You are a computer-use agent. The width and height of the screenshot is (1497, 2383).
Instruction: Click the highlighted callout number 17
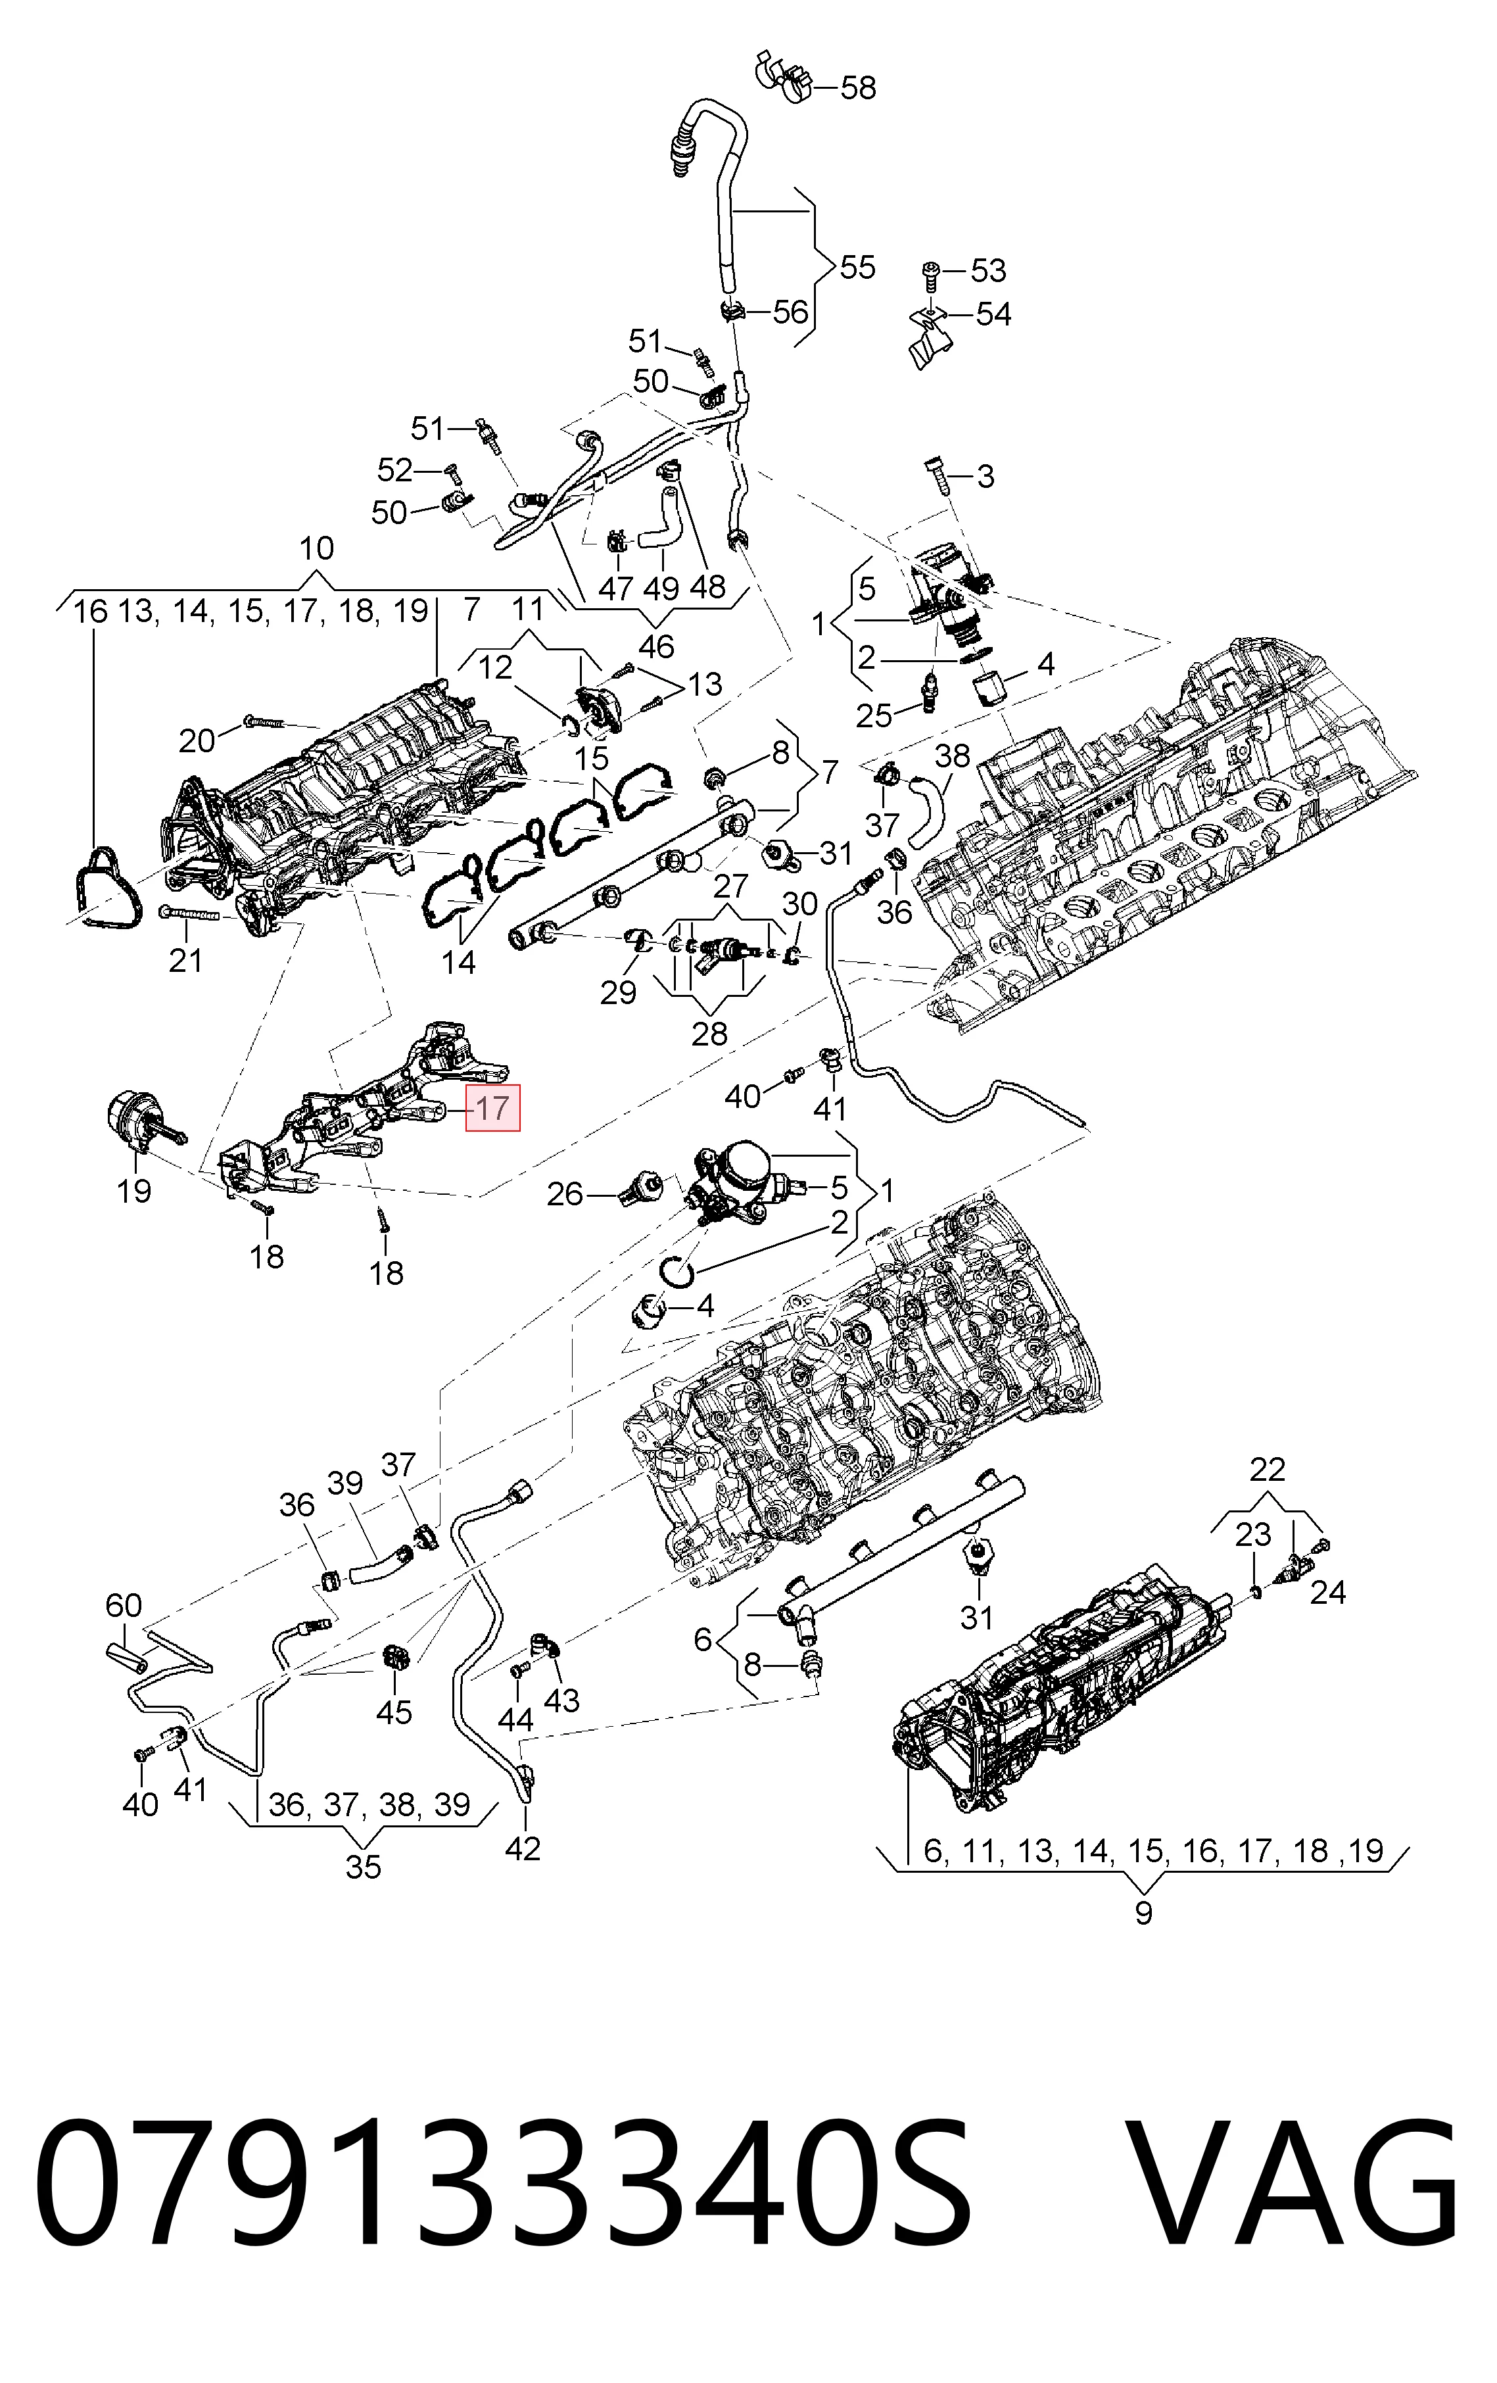(x=492, y=1109)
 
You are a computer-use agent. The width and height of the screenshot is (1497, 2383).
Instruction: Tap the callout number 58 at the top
(x=858, y=88)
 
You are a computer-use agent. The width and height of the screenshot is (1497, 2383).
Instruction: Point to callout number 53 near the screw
(x=987, y=270)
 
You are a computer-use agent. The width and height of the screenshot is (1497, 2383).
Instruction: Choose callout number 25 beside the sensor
(x=874, y=715)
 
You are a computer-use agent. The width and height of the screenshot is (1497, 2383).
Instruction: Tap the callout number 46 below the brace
(x=656, y=646)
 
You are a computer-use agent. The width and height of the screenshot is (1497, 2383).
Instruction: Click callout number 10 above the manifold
(x=317, y=548)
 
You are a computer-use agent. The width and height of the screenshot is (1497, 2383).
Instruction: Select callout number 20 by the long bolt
(x=197, y=740)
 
